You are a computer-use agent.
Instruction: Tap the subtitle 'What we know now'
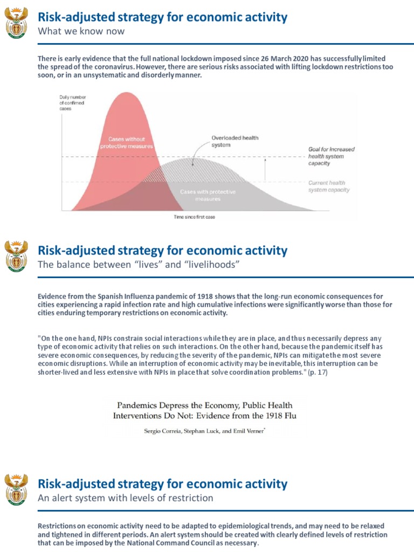click(x=81, y=31)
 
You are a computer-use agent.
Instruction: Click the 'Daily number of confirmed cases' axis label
click(x=72, y=102)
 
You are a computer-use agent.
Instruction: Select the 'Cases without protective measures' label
click(x=127, y=142)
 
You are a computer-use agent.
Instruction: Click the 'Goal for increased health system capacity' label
click(x=331, y=156)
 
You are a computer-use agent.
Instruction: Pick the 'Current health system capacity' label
click(x=329, y=187)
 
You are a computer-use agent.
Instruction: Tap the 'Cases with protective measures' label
click(x=200, y=195)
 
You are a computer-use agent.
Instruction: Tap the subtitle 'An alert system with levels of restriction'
click(x=125, y=498)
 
